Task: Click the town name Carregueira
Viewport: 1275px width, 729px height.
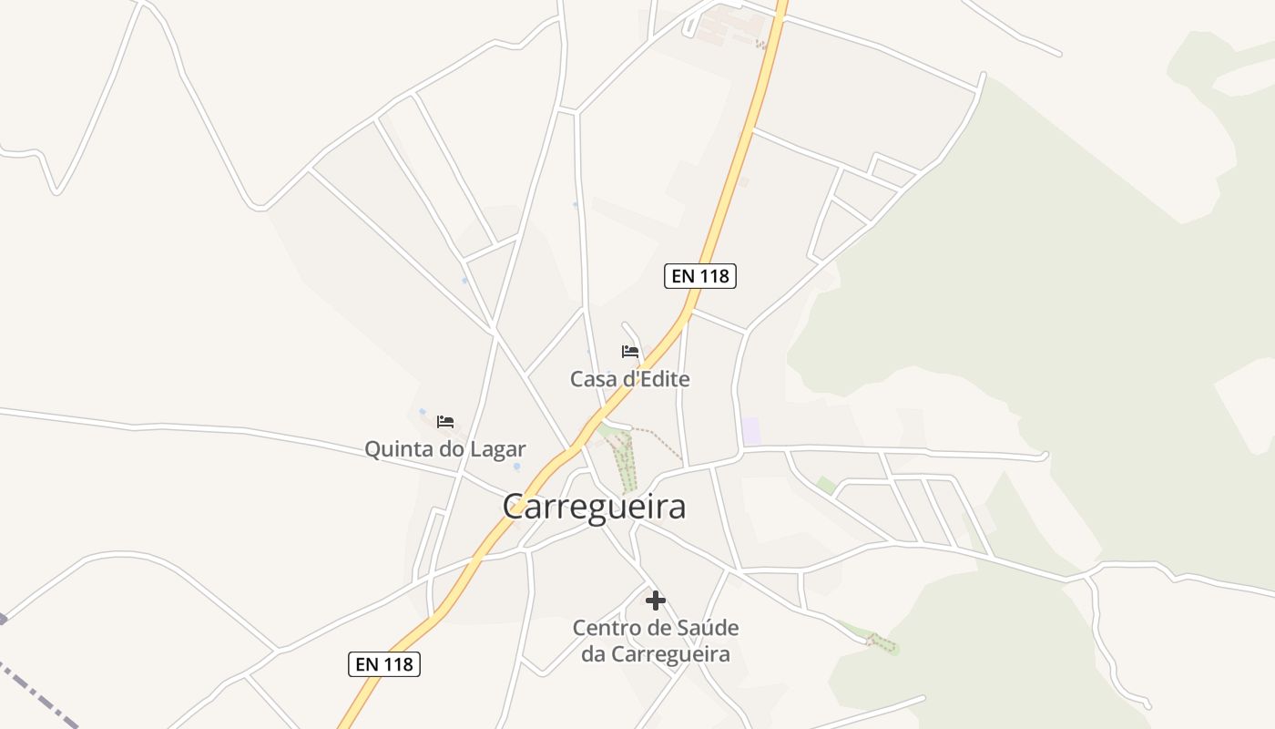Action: [594, 507]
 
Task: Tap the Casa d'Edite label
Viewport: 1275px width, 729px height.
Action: [629, 379]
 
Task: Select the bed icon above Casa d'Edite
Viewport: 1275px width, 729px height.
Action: [630, 352]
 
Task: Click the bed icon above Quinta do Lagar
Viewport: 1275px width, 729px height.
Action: [445, 421]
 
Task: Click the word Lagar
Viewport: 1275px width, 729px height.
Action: [497, 449]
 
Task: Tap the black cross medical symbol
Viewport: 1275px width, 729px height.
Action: [655, 601]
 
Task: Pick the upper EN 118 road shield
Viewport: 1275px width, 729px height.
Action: [700, 276]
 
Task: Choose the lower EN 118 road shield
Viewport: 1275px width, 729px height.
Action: [384, 664]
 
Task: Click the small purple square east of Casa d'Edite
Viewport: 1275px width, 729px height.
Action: [750, 431]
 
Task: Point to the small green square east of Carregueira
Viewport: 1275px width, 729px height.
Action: [825, 486]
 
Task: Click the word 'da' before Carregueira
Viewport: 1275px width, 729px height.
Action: [593, 654]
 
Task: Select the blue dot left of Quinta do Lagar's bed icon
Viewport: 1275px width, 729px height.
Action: [422, 412]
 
